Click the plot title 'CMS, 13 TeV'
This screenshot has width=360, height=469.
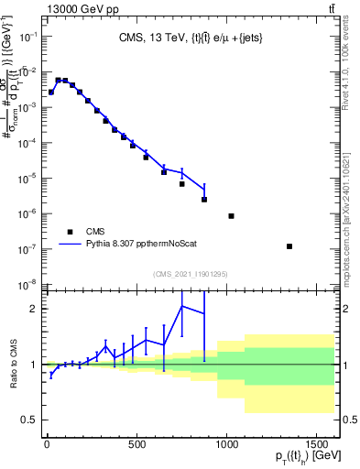156,38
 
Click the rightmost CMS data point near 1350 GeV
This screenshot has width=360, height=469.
289,246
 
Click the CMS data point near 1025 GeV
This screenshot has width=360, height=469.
231,216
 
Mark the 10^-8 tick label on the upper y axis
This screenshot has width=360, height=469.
27,284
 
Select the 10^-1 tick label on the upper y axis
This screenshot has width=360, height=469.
27,36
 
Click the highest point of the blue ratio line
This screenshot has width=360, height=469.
182,306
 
